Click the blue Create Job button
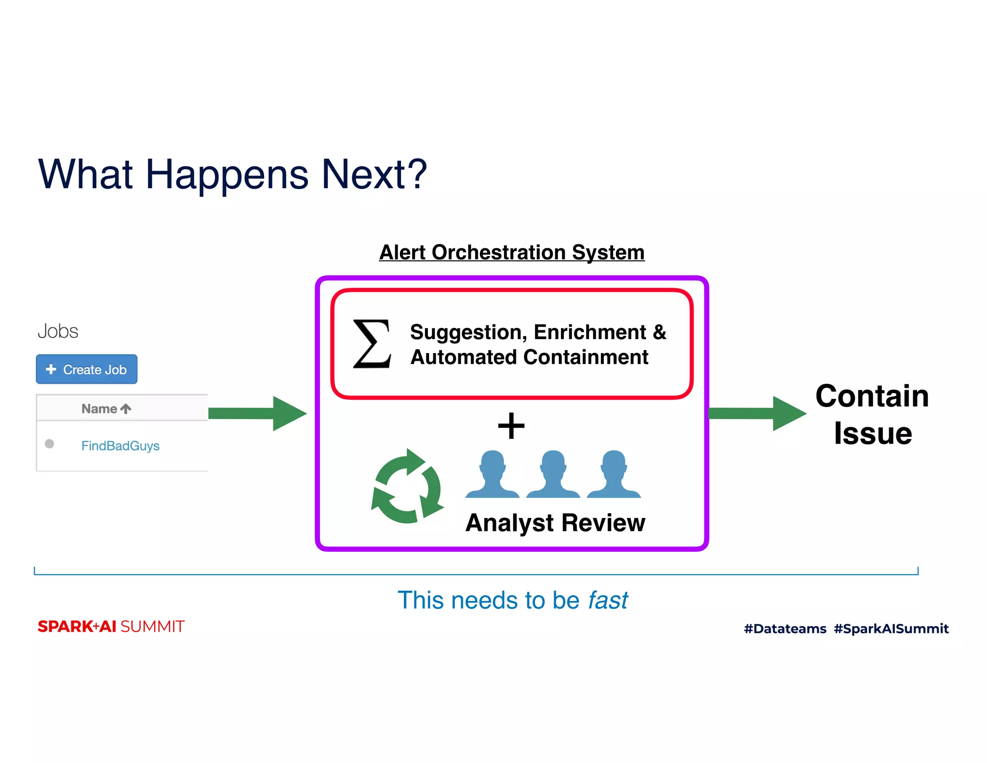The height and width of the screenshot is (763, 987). (x=87, y=369)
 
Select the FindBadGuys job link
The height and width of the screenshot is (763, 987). (x=120, y=446)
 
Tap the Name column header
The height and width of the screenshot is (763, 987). (x=106, y=409)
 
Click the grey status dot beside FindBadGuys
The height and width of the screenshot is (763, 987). (x=49, y=444)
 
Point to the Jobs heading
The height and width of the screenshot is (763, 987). (x=58, y=331)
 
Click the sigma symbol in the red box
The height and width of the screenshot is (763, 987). (x=372, y=344)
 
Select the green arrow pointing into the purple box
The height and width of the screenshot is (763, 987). (x=257, y=413)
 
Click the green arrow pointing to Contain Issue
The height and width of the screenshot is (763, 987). (x=757, y=413)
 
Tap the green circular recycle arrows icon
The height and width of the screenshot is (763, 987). (x=407, y=486)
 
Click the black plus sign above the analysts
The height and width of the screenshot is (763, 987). (x=511, y=426)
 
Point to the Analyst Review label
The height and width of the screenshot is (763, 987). (x=555, y=523)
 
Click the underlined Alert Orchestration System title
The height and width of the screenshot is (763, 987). (x=512, y=252)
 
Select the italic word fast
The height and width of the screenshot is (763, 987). (x=608, y=600)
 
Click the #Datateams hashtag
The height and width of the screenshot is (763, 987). (x=785, y=628)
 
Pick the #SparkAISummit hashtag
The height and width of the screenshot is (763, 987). (x=891, y=628)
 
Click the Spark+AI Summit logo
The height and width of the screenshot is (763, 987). (x=111, y=627)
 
